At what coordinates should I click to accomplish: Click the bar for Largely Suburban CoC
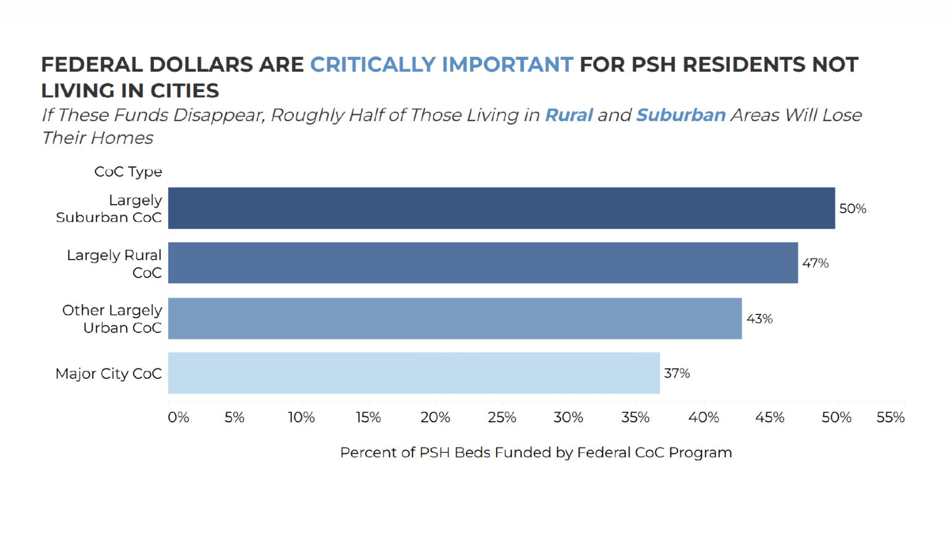[501, 208]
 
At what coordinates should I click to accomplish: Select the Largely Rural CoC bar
[482, 263]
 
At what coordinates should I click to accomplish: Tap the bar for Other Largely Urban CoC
[455, 318]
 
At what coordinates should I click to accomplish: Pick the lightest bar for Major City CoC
[414, 373]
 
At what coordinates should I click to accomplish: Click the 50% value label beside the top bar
[852, 209]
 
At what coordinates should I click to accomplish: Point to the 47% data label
[815, 263]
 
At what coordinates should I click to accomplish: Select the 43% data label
[760, 319]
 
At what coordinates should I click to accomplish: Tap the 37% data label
[677, 373]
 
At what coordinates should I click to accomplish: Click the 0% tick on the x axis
[178, 418]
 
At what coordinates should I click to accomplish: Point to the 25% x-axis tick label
[502, 418]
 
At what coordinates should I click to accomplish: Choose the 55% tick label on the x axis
[890, 418]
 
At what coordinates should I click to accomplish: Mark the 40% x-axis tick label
[703, 418]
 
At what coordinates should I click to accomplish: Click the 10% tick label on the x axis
[301, 418]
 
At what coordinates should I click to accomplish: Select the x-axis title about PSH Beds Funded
[536, 452]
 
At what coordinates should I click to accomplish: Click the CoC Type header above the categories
[128, 172]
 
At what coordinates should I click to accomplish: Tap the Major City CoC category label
[108, 374]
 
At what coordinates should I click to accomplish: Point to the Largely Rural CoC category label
[114, 264]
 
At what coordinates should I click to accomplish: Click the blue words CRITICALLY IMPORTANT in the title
[442, 64]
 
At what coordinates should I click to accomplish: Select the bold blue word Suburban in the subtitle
[680, 116]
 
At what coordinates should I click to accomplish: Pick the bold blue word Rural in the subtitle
[568, 116]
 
